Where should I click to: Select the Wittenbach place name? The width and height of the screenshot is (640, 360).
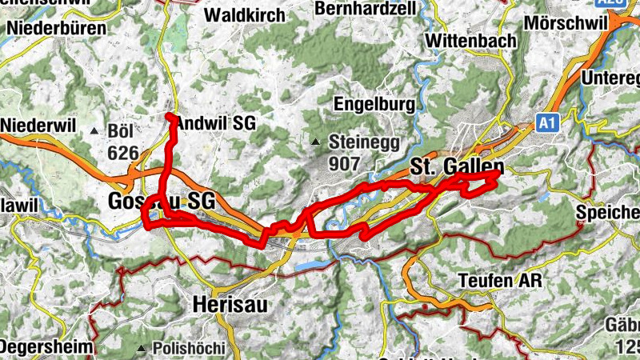(467, 39)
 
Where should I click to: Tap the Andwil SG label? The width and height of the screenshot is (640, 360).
(214, 124)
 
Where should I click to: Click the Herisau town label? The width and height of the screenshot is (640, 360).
(230, 305)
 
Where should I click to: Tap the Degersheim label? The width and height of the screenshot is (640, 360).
(47, 346)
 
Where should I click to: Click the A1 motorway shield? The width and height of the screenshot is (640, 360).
(546, 123)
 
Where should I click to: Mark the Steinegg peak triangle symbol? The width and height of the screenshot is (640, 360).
(316, 143)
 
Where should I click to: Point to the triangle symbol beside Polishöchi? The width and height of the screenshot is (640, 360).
(142, 349)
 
